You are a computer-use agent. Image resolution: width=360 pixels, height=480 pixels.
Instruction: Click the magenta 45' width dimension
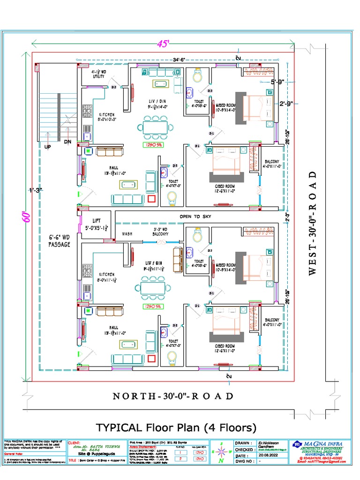[x=163, y=43]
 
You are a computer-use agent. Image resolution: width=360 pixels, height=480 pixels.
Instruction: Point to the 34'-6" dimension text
[x=179, y=60]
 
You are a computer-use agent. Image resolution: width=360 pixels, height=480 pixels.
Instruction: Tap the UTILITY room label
[x=98, y=76]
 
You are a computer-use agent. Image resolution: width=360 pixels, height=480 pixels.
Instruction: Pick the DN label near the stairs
[x=67, y=141]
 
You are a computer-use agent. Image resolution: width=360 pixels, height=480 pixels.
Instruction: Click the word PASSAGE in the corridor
[x=60, y=244]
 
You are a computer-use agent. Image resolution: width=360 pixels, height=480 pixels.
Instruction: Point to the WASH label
[x=127, y=233]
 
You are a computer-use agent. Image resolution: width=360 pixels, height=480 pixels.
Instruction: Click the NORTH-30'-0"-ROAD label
[x=173, y=396]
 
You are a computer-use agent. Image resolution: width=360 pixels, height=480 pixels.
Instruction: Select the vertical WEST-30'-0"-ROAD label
[x=314, y=223]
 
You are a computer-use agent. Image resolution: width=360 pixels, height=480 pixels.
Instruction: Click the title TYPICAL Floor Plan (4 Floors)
[x=176, y=427]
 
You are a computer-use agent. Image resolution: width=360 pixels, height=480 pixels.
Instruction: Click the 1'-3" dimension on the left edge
[x=35, y=190]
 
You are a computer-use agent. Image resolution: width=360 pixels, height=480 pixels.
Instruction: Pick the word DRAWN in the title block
[x=243, y=442]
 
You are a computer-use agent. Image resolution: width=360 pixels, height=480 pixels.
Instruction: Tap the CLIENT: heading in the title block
[x=74, y=442]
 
